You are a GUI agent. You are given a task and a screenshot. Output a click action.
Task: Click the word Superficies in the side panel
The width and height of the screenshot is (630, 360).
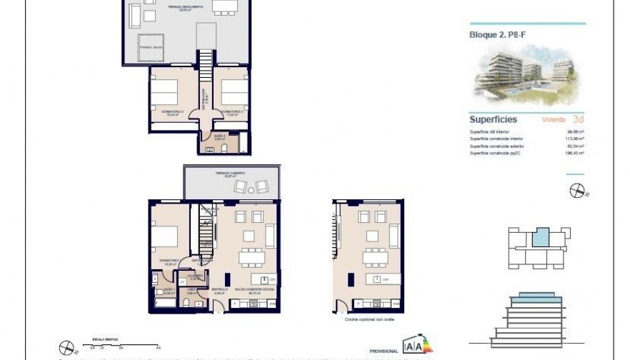(x=493, y=119)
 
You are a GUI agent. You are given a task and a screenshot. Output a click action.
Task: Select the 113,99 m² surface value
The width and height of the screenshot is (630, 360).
(x=575, y=139)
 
